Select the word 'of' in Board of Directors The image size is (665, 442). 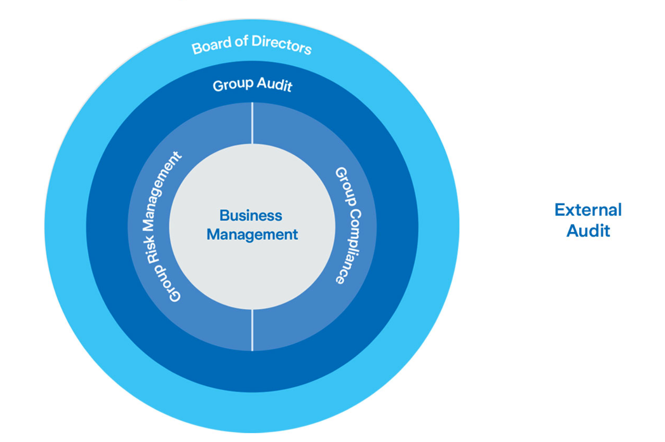coord(241,41)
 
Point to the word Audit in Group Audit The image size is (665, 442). coord(275,84)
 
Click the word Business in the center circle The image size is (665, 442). coord(251,215)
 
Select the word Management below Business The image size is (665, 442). coord(252,234)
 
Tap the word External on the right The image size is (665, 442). coord(588,210)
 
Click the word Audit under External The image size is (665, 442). coord(588,231)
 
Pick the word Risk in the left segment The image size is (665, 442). coord(152,248)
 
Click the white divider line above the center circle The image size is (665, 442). coord(252,123)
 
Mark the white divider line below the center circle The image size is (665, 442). coord(252,330)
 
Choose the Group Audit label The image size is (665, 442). coord(252,84)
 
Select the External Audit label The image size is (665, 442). coord(588,220)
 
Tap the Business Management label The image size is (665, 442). coord(252,225)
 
